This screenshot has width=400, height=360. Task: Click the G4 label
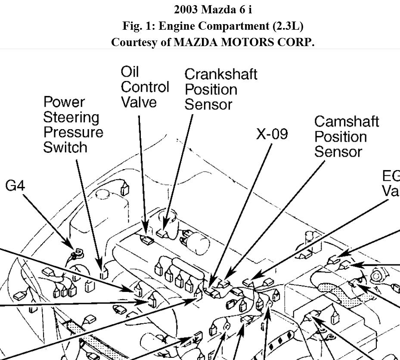(15, 186)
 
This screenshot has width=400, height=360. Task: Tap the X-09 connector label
(272, 134)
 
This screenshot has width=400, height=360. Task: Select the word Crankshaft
(221, 74)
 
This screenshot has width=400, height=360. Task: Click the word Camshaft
(347, 121)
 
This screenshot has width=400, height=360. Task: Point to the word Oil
(130, 71)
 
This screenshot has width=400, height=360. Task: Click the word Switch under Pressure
(65, 147)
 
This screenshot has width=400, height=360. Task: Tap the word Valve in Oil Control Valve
(139, 102)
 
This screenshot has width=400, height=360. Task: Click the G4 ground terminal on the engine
(78, 253)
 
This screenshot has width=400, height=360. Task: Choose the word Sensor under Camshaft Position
(338, 152)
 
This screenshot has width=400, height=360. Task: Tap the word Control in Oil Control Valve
(145, 87)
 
